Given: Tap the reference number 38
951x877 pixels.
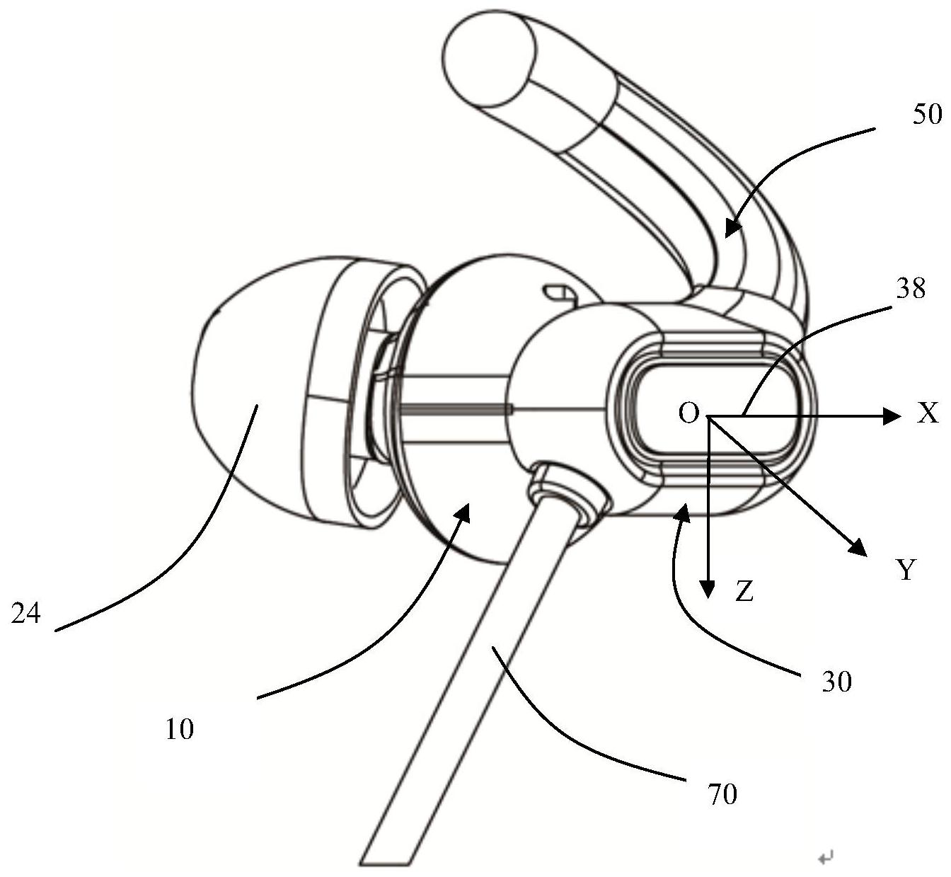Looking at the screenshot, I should tap(910, 288).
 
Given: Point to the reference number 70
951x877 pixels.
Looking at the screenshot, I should tap(722, 794).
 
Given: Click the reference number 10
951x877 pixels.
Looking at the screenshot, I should tap(180, 729).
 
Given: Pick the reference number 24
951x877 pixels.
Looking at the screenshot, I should tap(26, 613).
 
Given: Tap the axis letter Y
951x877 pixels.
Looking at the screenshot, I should tap(906, 568).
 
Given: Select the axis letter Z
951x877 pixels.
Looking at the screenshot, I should tap(743, 592).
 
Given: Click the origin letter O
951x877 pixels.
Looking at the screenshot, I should tap(688, 412).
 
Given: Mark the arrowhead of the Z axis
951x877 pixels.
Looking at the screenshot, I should tap(707, 589).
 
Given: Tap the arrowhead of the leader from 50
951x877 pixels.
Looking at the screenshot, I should tap(730, 228).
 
